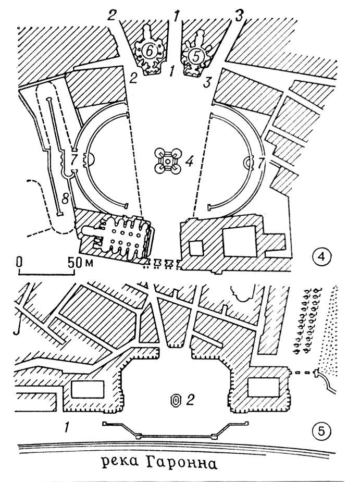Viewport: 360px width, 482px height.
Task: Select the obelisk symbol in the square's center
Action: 167,162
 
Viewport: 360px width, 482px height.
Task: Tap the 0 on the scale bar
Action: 19,262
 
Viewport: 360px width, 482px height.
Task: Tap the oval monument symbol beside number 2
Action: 176,400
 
